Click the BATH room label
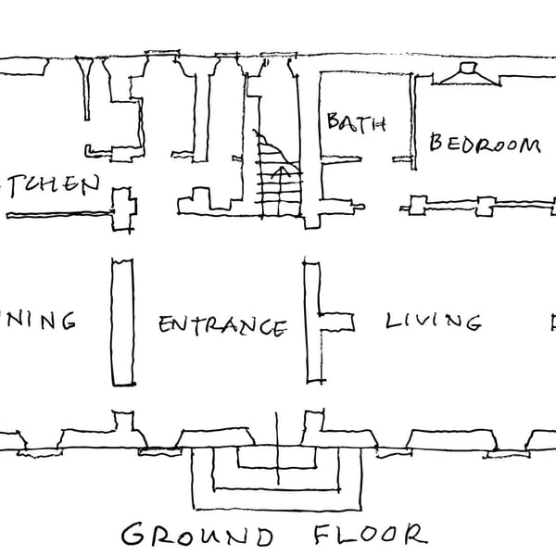(x=355, y=124)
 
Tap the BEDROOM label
(x=484, y=144)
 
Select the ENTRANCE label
(x=221, y=326)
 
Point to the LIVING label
(x=433, y=322)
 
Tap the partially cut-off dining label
(x=37, y=322)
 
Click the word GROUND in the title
(x=197, y=535)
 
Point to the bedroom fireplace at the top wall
(x=467, y=73)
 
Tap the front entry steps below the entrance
(x=277, y=477)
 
